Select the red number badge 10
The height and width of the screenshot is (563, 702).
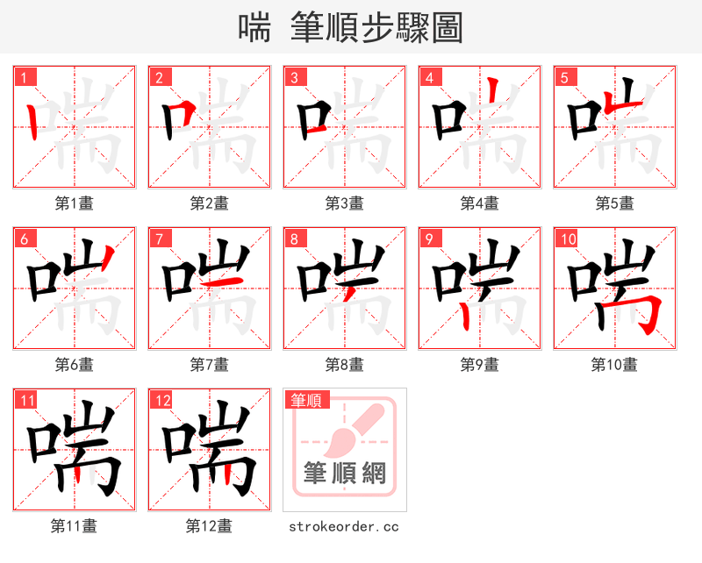567,239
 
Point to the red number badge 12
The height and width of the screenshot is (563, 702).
161,401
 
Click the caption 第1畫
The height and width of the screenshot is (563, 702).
74,203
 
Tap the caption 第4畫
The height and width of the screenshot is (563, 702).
479,203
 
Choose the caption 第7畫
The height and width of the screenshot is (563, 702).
209,364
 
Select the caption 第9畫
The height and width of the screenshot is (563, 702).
479,364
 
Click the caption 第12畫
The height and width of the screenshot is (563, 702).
209,526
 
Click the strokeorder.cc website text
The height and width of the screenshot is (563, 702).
344,526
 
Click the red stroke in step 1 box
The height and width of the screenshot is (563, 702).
32,122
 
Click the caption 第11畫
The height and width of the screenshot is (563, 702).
74,526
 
